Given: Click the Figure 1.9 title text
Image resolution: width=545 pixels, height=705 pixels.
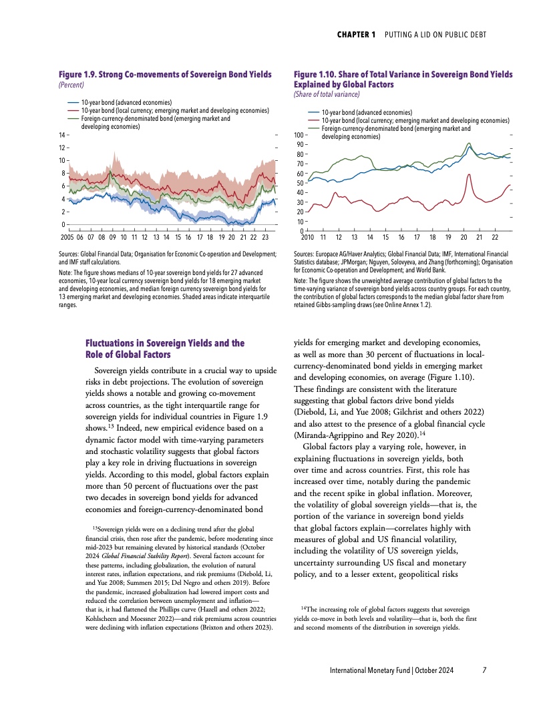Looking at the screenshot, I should [166, 74].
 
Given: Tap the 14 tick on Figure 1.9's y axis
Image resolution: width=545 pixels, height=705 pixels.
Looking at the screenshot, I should [63, 136].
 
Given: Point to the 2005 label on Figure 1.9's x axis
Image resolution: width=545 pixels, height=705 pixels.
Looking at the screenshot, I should [67, 237].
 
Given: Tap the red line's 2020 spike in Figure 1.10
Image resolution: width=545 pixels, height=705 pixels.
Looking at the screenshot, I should [469, 175].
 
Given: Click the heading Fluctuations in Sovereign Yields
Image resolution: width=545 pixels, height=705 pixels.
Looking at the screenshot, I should [166, 343].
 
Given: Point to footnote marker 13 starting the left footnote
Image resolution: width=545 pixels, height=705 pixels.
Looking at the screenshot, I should [93, 529].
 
